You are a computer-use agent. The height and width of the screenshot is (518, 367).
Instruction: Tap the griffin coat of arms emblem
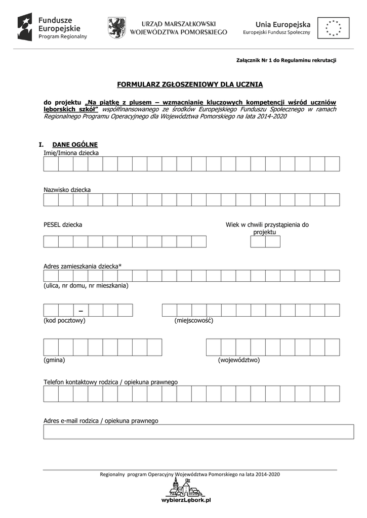point(116,27)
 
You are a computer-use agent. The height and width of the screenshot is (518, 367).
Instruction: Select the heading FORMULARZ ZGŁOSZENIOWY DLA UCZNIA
point(190,84)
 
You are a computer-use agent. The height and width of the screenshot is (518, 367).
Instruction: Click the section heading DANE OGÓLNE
point(71,144)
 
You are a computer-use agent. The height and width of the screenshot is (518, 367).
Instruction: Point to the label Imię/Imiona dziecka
point(71,153)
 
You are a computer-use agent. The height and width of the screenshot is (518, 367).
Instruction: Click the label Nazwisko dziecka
point(67,190)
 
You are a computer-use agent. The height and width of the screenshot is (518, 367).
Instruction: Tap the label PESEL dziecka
point(63,225)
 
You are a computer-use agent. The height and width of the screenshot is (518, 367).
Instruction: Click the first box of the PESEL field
point(51,241)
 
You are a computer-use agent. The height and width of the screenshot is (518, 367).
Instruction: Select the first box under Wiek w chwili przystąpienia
point(258,241)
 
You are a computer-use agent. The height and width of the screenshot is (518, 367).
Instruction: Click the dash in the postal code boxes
point(80,310)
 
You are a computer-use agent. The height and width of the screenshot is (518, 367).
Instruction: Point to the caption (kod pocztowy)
point(64,320)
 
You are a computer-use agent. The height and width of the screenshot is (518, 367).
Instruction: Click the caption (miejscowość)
point(194,320)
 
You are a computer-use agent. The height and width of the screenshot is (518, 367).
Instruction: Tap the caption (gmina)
point(55,360)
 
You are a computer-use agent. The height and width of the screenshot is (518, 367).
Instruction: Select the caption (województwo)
point(239,360)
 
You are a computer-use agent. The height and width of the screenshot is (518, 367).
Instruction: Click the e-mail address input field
point(198,431)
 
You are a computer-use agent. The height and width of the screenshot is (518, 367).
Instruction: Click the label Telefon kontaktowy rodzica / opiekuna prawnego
point(111,382)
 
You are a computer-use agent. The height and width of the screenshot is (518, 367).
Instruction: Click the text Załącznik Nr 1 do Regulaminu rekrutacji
point(286,60)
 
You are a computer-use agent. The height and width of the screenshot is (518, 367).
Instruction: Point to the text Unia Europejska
point(283,24)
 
